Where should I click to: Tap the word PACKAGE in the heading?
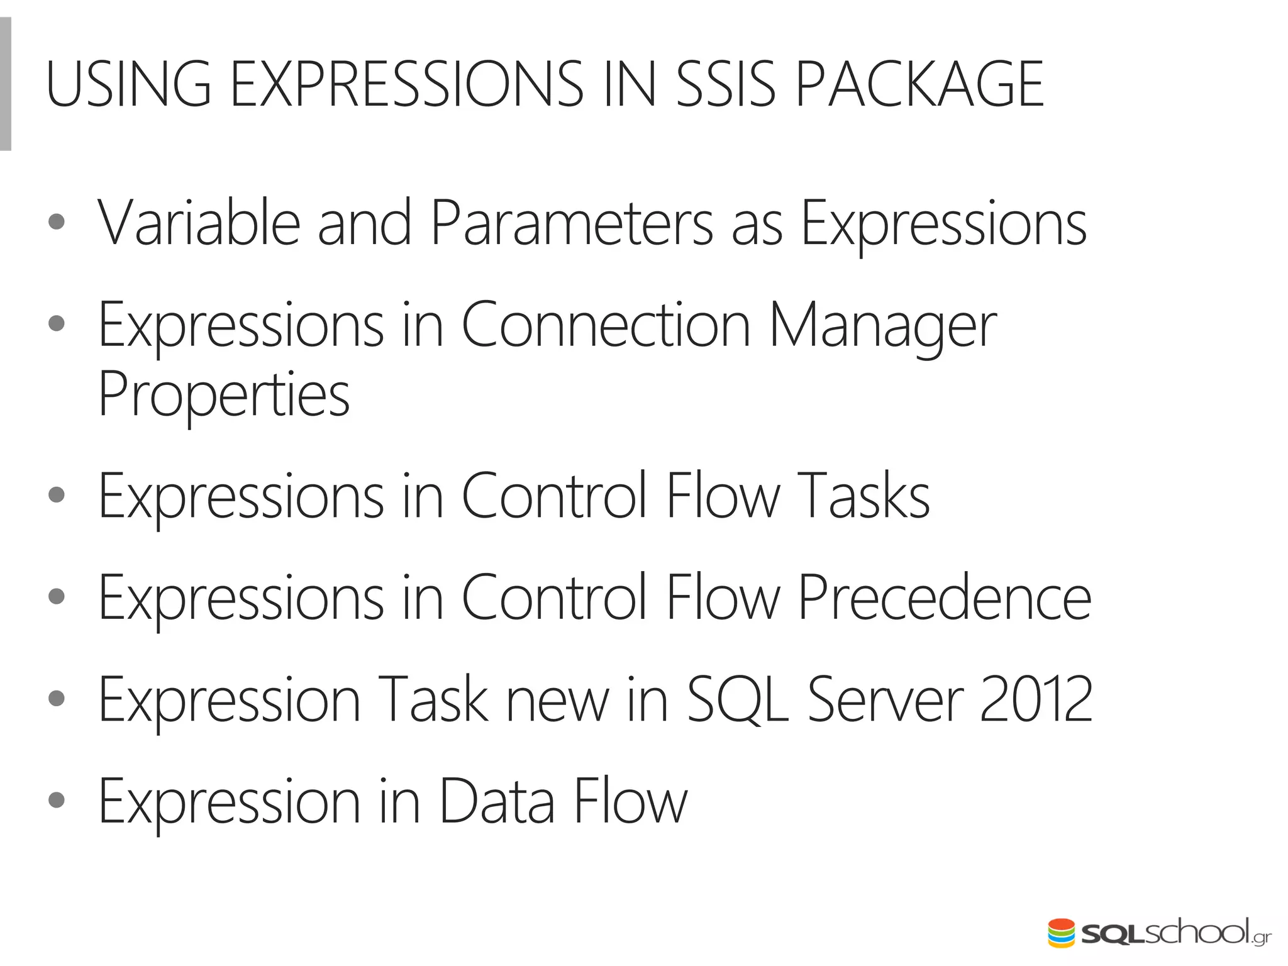point(919,85)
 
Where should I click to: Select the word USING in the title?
point(128,85)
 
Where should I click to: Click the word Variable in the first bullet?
point(199,223)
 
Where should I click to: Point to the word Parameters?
point(572,223)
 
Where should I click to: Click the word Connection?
point(606,325)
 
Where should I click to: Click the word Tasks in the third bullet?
point(863,497)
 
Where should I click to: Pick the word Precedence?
point(944,599)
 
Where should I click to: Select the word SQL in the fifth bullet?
point(736,699)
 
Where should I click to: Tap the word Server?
point(885,699)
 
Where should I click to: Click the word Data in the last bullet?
point(497,802)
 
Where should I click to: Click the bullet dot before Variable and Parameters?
point(57,222)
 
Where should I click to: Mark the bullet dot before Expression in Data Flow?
point(57,800)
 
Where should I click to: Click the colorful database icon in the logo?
point(1062,933)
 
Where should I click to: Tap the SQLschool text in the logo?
point(1164,933)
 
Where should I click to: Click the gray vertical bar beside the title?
point(5,84)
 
